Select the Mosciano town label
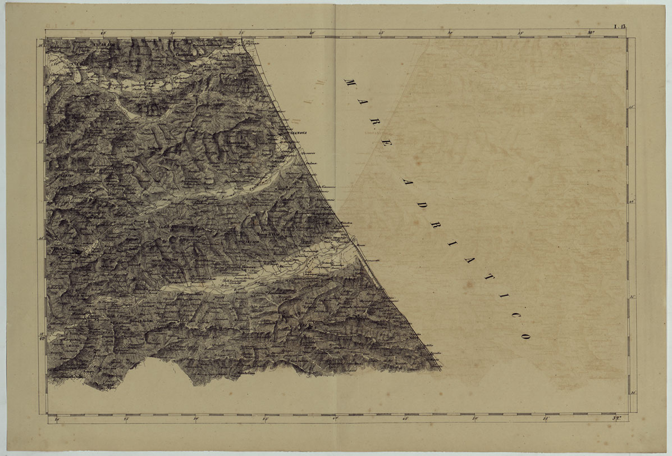point(235,144)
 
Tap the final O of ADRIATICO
point(526,336)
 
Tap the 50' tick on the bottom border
point(476,418)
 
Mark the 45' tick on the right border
point(631,107)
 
